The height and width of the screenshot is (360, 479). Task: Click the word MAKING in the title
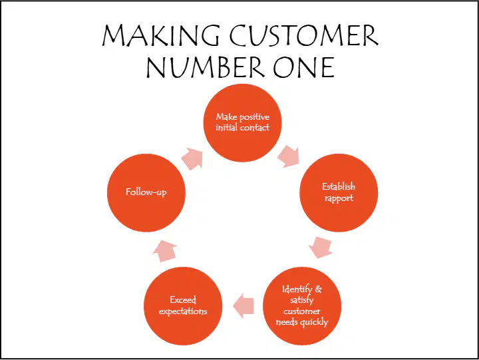pos(161,35)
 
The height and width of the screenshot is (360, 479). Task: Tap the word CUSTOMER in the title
pos(304,35)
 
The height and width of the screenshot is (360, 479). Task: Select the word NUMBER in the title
pos(206,67)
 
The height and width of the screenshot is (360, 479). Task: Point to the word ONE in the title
pos(304,67)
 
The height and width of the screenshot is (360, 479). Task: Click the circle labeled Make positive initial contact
pos(242,123)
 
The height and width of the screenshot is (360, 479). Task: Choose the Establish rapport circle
pos(339,193)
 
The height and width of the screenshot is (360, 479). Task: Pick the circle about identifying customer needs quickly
pos(302,306)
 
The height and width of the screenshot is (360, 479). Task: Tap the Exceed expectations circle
pos(183,306)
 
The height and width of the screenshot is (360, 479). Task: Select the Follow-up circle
pos(146,193)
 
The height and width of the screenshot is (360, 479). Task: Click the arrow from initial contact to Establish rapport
pos(289,157)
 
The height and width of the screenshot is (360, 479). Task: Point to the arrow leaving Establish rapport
pos(321,248)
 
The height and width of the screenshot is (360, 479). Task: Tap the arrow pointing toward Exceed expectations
pos(243,306)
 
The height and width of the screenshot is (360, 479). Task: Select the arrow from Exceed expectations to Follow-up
pos(165,251)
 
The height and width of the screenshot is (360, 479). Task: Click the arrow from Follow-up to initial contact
pos(192,159)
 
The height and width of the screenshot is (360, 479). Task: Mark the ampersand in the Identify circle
pos(318,289)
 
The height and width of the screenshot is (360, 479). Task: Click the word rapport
pos(339,198)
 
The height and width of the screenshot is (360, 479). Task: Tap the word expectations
pos(183,311)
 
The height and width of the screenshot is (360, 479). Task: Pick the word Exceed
pos(183,300)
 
